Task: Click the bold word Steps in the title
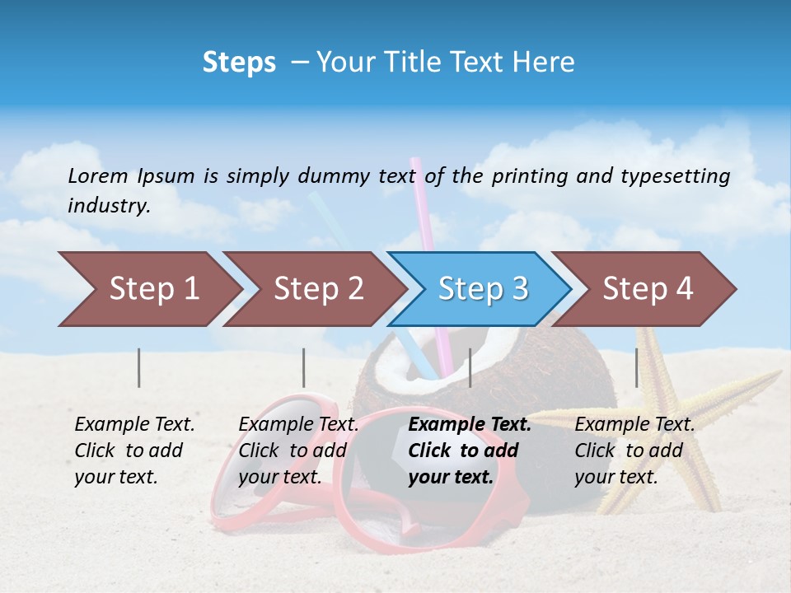(x=239, y=62)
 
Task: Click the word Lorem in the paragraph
(x=98, y=175)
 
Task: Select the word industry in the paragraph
(x=108, y=205)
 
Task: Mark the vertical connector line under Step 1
(x=138, y=367)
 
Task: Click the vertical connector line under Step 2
(x=304, y=367)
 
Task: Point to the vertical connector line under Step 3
(x=470, y=367)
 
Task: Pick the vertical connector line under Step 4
(x=636, y=367)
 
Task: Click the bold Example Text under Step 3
(x=470, y=425)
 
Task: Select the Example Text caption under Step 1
(x=134, y=425)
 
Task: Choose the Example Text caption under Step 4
(x=634, y=425)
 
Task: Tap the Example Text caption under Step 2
(x=298, y=425)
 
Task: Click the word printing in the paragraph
(x=529, y=175)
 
